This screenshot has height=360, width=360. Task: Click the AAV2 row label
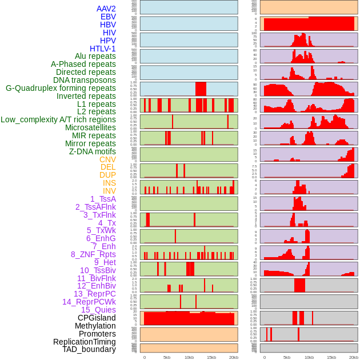coord(106,9)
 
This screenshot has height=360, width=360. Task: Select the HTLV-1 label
coord(102,49)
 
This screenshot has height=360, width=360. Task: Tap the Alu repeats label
coord(95,56)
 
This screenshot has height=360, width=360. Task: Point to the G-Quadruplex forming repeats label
coord(61,88)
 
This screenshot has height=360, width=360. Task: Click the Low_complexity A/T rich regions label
coord(58,119)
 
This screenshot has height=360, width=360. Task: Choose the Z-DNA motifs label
coord(93,151)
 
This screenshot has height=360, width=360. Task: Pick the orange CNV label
coord(107,159)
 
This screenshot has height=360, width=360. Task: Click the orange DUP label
coord(107,175)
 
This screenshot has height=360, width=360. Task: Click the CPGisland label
coord(97,318)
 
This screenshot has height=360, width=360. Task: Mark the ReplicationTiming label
coord(84,342)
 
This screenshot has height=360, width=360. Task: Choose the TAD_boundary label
coord(89,349)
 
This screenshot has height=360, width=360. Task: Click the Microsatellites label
coord(90,127)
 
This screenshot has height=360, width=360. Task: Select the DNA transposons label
coord(85,80)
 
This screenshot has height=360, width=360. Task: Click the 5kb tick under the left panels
coord(167,357)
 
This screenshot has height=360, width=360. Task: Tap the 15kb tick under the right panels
coord(331,357)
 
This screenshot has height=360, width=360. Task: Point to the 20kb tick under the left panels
coord(234,357)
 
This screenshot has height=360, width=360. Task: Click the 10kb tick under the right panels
coord(309,357)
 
